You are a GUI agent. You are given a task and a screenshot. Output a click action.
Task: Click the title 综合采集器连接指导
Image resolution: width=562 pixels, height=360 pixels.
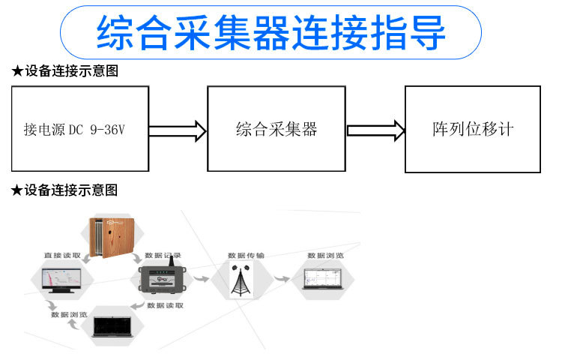pos(271,32)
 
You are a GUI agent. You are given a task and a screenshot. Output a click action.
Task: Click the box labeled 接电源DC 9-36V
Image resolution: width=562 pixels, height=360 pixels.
pos(79,129)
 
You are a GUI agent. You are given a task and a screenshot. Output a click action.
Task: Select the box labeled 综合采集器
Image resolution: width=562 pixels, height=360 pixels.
pos(277,129)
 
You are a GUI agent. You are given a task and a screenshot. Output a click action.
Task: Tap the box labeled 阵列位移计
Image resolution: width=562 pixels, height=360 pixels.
pos(472,129)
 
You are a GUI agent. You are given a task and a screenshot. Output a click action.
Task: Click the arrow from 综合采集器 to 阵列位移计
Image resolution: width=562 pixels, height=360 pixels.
pos(376,130)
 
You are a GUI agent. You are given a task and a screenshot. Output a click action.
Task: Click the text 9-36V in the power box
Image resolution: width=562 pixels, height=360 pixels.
pos(106,130)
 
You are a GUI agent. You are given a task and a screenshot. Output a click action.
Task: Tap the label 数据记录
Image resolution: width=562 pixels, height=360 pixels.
pos(163,255)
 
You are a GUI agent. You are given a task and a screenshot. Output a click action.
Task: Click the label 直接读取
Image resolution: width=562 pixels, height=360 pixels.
pos(61,256)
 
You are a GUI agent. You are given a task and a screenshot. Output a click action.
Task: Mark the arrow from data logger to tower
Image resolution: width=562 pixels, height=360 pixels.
pos(200,279)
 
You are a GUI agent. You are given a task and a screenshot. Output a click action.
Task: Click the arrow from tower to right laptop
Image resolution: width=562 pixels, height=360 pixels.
pos(280,279)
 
